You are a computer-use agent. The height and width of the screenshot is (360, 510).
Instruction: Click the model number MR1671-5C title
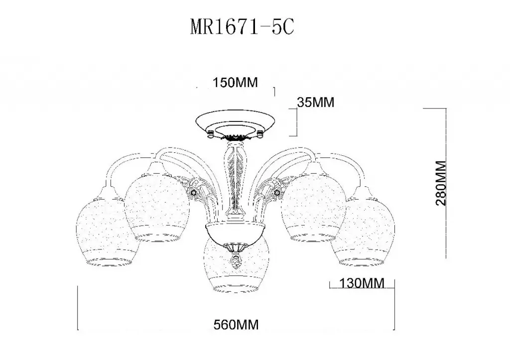[242, 27]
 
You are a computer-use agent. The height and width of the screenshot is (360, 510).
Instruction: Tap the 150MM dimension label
[235, 83]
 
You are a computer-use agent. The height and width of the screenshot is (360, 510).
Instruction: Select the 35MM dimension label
[315, 103]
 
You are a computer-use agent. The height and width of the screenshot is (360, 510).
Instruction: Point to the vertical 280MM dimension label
[441, 183]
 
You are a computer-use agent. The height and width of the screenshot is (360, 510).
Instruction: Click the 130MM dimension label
[362, 283]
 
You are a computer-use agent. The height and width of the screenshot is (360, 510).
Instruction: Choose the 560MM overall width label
[236, 325]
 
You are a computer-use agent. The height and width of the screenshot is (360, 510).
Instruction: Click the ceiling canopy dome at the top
[235, 124]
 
